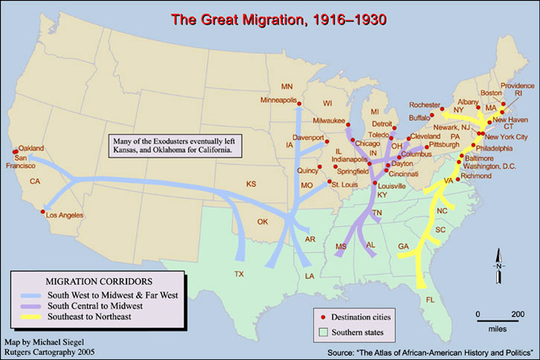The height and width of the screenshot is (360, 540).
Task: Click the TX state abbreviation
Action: pyautogui.click(x=239, y=275)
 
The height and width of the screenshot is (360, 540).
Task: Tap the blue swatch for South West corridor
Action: pyautogui.click(x=30, y=294)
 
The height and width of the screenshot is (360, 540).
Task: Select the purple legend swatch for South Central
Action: pyautogui.click(x=30, y=305)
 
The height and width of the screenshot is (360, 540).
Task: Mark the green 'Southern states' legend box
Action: pyautogui.click(x=324, y=330)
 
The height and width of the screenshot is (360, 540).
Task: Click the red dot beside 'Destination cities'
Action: pyautogui.click(x=324, y=316)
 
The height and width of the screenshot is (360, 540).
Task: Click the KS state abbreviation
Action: pyautogui.click(x=251, y=183)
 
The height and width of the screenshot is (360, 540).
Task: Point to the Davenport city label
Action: pyautogui.click(x=308, y=137)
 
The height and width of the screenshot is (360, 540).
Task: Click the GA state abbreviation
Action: pyautogui.click(x=402, y=245)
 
